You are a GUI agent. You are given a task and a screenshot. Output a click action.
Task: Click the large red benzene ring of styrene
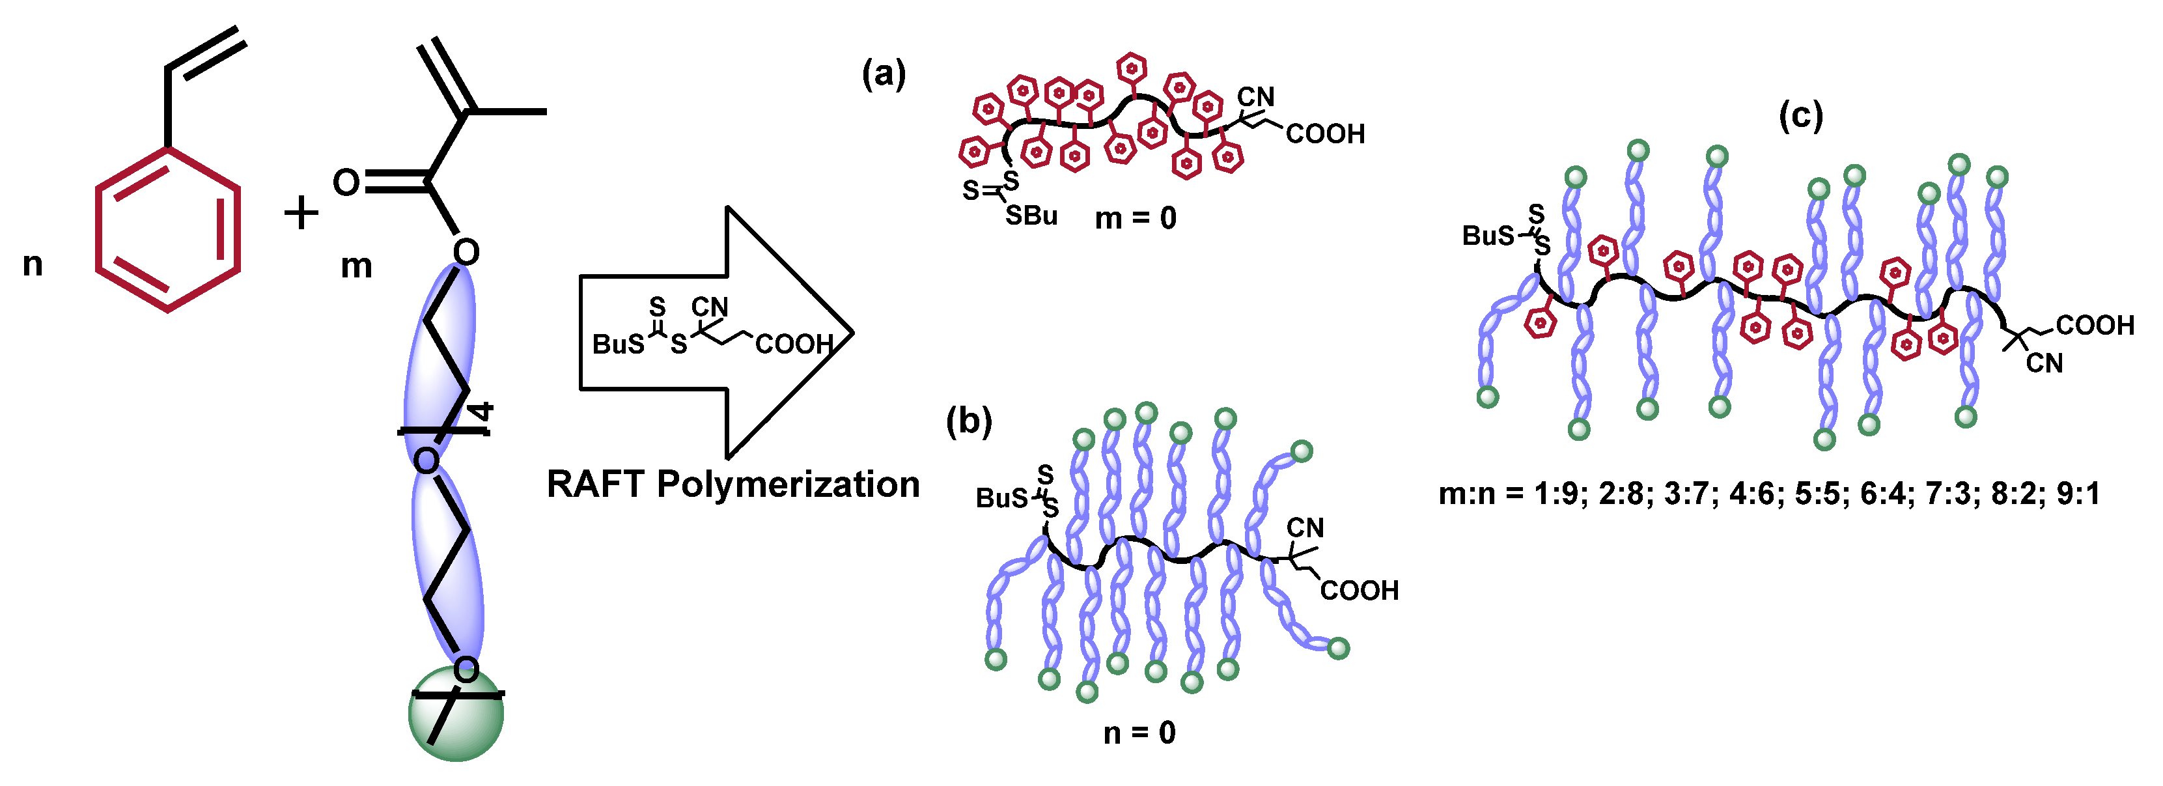[168, 229]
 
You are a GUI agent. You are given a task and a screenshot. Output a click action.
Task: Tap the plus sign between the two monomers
[301, 212]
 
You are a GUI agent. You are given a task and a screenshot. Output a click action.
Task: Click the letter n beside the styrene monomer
[33, 264]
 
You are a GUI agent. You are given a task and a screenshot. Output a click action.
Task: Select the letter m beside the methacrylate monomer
[356, 266]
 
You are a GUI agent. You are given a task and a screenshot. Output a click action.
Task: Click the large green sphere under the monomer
[456, 714]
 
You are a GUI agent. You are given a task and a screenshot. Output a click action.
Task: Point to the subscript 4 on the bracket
[482, 412]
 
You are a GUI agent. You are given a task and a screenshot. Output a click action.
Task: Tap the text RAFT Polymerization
[733, 484]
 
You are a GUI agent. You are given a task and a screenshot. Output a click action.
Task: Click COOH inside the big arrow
[794, 343]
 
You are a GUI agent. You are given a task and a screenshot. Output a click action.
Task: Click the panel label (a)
[884, 75]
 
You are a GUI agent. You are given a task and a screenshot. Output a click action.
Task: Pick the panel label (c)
[1800, 116]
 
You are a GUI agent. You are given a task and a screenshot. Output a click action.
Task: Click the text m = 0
[1136, 218]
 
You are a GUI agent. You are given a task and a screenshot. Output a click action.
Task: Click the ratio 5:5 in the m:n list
[1819, 494]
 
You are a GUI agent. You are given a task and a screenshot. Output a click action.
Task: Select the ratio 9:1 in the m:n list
[2078, 494]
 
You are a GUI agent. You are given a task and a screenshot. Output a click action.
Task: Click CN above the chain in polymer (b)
[1305, 527]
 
